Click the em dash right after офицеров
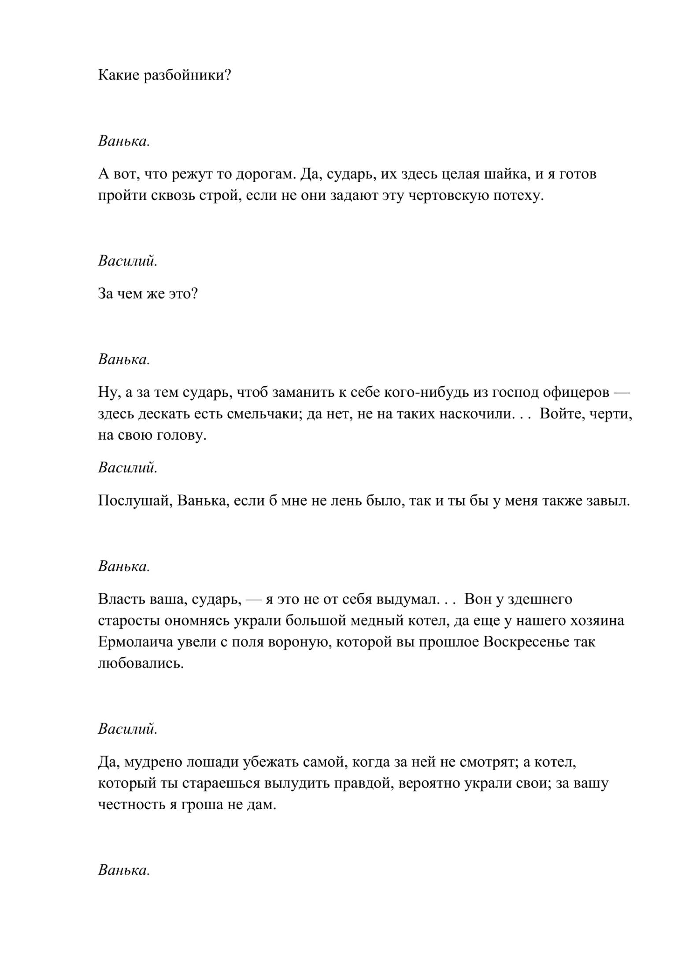pos(622,392)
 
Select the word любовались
pos(141,663)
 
